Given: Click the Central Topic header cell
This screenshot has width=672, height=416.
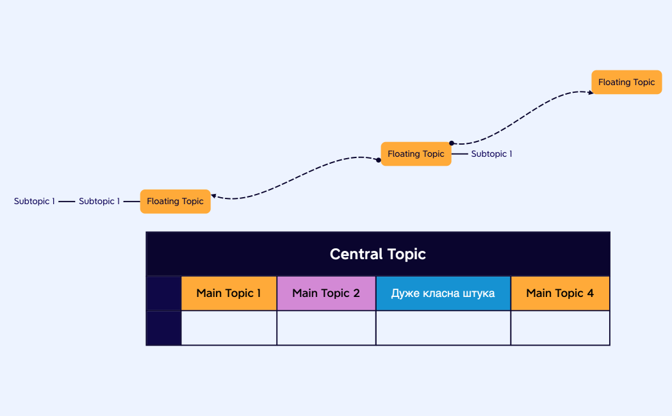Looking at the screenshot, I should pyautogui.click(x=378, y=254).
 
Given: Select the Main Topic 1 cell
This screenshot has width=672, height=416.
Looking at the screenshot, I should pyautogui.click(x=229, y=293).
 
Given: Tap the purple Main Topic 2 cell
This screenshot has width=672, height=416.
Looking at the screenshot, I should pyautogui.click(x=326, y=293).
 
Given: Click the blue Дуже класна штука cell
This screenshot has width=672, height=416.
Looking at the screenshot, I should pyautogui.click(x=443, y=293).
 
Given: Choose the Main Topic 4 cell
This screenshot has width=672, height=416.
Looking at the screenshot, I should pyautogui.click(x=560, y=293).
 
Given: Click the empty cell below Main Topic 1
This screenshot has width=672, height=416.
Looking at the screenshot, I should pyautogui.click(x=229, y=328).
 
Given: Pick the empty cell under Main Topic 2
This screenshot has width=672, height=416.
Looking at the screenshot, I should pyautogui.click(x=326, y=328).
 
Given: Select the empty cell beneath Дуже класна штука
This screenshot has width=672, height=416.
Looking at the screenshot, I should pyautogui.click(x=443, y=328).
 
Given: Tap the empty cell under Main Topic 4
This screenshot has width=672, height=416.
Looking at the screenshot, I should pyautogui.click(x=560, y=328).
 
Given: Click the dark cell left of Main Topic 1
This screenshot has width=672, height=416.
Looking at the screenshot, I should pyautogui.click(x=164, y=293).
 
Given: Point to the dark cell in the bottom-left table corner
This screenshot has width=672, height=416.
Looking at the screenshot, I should pyautogui.click(x=164, y=328).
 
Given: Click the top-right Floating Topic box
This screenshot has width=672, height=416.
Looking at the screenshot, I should pyautogui.click(x=627, y=82).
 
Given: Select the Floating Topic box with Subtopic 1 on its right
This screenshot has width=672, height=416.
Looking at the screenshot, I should pyautogui.click(x=416, y=154).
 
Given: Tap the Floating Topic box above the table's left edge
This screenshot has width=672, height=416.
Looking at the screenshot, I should pyautogui.click(x=175, y=201).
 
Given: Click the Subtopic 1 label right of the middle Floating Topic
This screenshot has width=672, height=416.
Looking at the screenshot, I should pyautogui.click(x=491, y=154).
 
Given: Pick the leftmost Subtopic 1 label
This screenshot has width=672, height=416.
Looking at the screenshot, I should pyautogui.click(x=35, y=201).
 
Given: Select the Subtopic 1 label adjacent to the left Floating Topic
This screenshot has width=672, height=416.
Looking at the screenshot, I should pyautogui.click(x=99, y=201).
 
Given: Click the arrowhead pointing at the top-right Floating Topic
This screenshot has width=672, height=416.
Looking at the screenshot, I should pyautogui.click(x=590, y=93).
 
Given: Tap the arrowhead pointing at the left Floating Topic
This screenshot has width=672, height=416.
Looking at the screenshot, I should pyautogui.click(x=213, y=196).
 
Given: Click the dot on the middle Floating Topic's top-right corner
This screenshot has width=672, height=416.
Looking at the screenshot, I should pyautogui.click(x=451, y=143).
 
